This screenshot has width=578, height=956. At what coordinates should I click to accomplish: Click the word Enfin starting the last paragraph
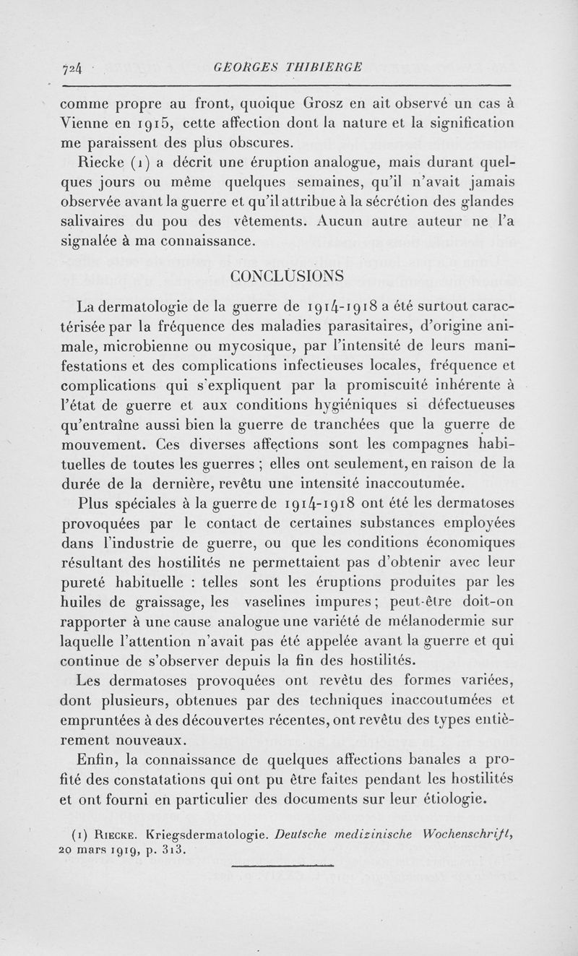[98, 759]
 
